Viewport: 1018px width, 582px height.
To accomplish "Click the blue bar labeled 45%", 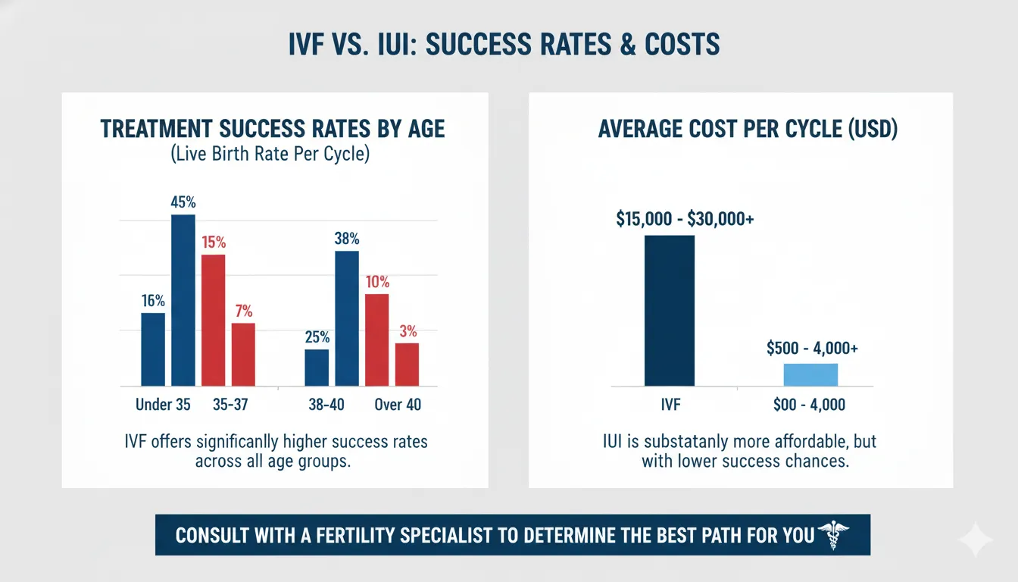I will pyautogui.click(x=183, y=300).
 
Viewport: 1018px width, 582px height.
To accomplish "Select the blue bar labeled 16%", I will pyautogui.click(x=153, y=349).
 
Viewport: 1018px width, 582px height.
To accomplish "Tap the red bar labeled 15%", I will pyautogui.click(x=213, y=320).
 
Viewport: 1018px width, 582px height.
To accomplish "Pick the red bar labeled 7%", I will pyautogui.click(x=243, y=354).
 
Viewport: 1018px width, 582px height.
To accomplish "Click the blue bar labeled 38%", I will pyautogui.click(x=346, y=318).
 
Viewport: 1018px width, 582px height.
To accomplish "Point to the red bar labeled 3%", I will pyautogui.click(x=407, y=365).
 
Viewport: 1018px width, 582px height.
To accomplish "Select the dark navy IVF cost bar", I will pyautogui.click(x=669, y=311).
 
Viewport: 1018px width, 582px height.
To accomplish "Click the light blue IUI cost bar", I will pyautogui.click(x=810, y=374).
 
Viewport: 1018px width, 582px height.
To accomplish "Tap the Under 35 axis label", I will pyautogui.click(x=163, y=405).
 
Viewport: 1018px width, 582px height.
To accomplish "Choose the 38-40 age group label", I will pyautogui.click(x=326, y=405).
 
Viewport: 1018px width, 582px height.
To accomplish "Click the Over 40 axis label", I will pyautogui.click(x=398, y=405).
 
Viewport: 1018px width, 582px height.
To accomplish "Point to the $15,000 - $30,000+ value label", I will pyautogui.click(x=685, y=219).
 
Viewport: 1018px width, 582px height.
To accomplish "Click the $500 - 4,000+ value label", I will pyautogui.click(x=811, y=349).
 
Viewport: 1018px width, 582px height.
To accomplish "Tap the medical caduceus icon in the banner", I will pyautogui.click(x=835, y=534).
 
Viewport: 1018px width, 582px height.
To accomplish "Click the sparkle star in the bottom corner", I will pyautogui.click(x=976, y=540).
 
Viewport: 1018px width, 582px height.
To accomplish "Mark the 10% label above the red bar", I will pyautogui.click(x=376, y=282).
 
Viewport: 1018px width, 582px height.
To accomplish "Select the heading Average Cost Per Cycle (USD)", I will pyautogui.click(x=748, y=129).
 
